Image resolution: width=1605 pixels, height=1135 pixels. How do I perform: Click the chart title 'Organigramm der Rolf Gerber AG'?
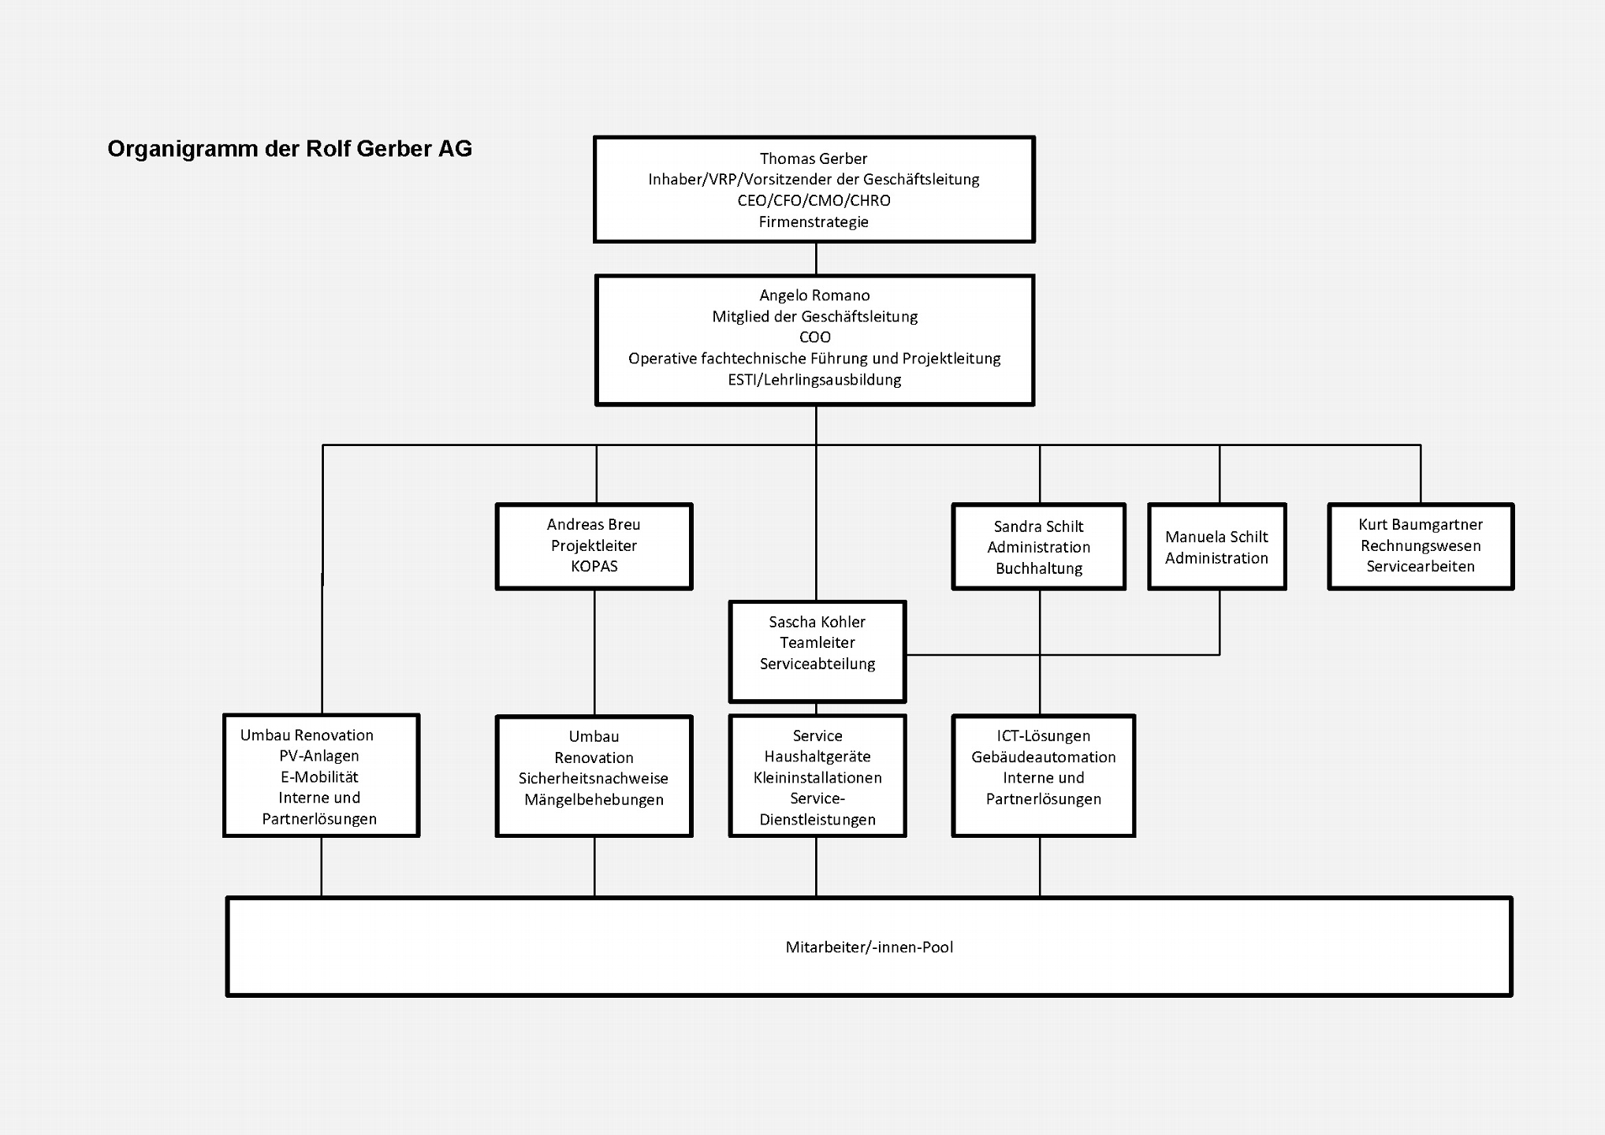click(289, 149)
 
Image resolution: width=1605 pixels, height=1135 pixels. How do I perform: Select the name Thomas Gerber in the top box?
click(813, 159)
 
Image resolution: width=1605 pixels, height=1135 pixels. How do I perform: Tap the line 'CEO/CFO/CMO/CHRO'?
click(814, 201)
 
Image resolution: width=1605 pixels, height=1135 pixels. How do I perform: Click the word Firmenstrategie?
click(814, 222)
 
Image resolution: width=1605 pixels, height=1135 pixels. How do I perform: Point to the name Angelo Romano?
click(814, 296)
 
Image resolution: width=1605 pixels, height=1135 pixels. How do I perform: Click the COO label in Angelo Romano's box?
click(814, 337)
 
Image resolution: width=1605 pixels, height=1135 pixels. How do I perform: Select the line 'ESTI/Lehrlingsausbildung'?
click(814, 380)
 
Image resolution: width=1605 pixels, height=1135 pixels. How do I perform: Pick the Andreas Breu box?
click(594, 546)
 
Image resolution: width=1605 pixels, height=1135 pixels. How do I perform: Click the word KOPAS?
click(594, 567)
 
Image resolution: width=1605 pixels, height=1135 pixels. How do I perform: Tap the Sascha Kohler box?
click(817, 651)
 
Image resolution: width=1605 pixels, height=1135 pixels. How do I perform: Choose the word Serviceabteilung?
click(817, 664)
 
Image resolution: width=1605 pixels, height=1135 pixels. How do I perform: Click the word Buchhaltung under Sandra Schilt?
click(1038, 568)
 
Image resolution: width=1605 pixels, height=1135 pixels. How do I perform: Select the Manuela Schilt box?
click(1216, 547)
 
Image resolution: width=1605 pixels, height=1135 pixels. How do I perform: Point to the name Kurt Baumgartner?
click(1420, 525)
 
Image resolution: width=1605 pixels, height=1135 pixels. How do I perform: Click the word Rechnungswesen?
click(1420, 546)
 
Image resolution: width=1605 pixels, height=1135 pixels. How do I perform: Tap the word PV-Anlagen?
click(318, 756)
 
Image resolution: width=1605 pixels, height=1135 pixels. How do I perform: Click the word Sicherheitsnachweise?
click(593, 779)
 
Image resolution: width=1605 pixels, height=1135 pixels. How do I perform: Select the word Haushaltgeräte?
click(817, 757)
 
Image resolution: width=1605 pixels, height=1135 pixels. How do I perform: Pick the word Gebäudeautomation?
click(1043, 757)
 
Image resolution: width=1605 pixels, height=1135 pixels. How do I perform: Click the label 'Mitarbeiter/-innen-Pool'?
click(869, 947)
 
